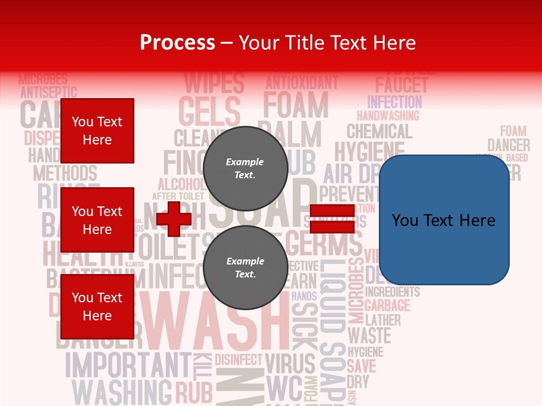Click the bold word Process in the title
(177, 43)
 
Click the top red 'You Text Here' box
(97, 131)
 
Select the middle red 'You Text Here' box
(97, 220)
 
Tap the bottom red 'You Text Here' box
(97, 306)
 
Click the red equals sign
(332, 219)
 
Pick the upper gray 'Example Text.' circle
(245, 168)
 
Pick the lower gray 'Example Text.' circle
(245, 267)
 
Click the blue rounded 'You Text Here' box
(444, 220)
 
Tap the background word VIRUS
(290, 365)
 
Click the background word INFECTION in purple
(395, 102)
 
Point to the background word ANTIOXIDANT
(301, 83)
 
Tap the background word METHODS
(65, 173)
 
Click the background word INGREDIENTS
(392, 292)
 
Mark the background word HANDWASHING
(388, 116)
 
